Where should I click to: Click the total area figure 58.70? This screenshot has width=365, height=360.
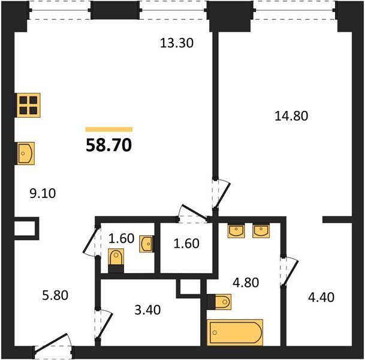pos(108,145)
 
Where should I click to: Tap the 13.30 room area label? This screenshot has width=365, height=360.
pos(177,43)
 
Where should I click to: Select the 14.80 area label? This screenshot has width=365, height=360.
pos(291,116)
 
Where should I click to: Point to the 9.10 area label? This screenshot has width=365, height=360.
pos(43,193)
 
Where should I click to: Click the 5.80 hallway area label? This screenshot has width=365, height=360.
pos(55,295)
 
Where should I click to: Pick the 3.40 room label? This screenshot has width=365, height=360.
pos(147,310)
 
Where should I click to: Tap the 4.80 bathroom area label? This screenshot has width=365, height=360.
pos(246,283)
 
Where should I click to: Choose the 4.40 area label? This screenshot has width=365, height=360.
pos(321,298)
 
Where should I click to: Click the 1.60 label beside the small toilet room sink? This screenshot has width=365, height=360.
pos(122,238)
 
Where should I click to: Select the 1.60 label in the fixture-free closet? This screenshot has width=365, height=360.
pos(186,244)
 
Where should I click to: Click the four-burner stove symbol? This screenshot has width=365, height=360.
pos(28,105)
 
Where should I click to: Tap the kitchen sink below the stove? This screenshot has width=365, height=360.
pos(25,154)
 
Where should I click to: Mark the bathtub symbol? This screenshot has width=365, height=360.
pos(235,332)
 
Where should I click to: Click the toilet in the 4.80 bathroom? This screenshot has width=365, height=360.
pos(219,302)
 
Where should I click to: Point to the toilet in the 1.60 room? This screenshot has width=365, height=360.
pos(116,260)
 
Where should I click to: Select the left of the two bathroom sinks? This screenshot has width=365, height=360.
pos(236,230)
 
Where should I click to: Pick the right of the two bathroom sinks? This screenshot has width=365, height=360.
pos(261,230)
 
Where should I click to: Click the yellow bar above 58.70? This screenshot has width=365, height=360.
pos(109,130)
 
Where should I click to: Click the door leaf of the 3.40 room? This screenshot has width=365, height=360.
pos(105,326)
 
